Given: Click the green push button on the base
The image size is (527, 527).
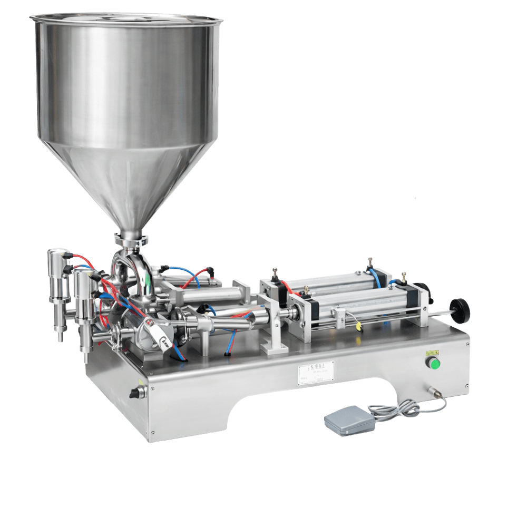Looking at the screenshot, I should tap(435, 363).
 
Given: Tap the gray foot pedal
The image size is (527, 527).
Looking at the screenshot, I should tap(346, 419).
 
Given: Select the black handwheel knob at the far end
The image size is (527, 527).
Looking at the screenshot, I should tap(461, 311).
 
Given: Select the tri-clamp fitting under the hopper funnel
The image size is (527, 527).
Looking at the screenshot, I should tap(129, 242).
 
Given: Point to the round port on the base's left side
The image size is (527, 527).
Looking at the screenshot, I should tap(136, 393).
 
